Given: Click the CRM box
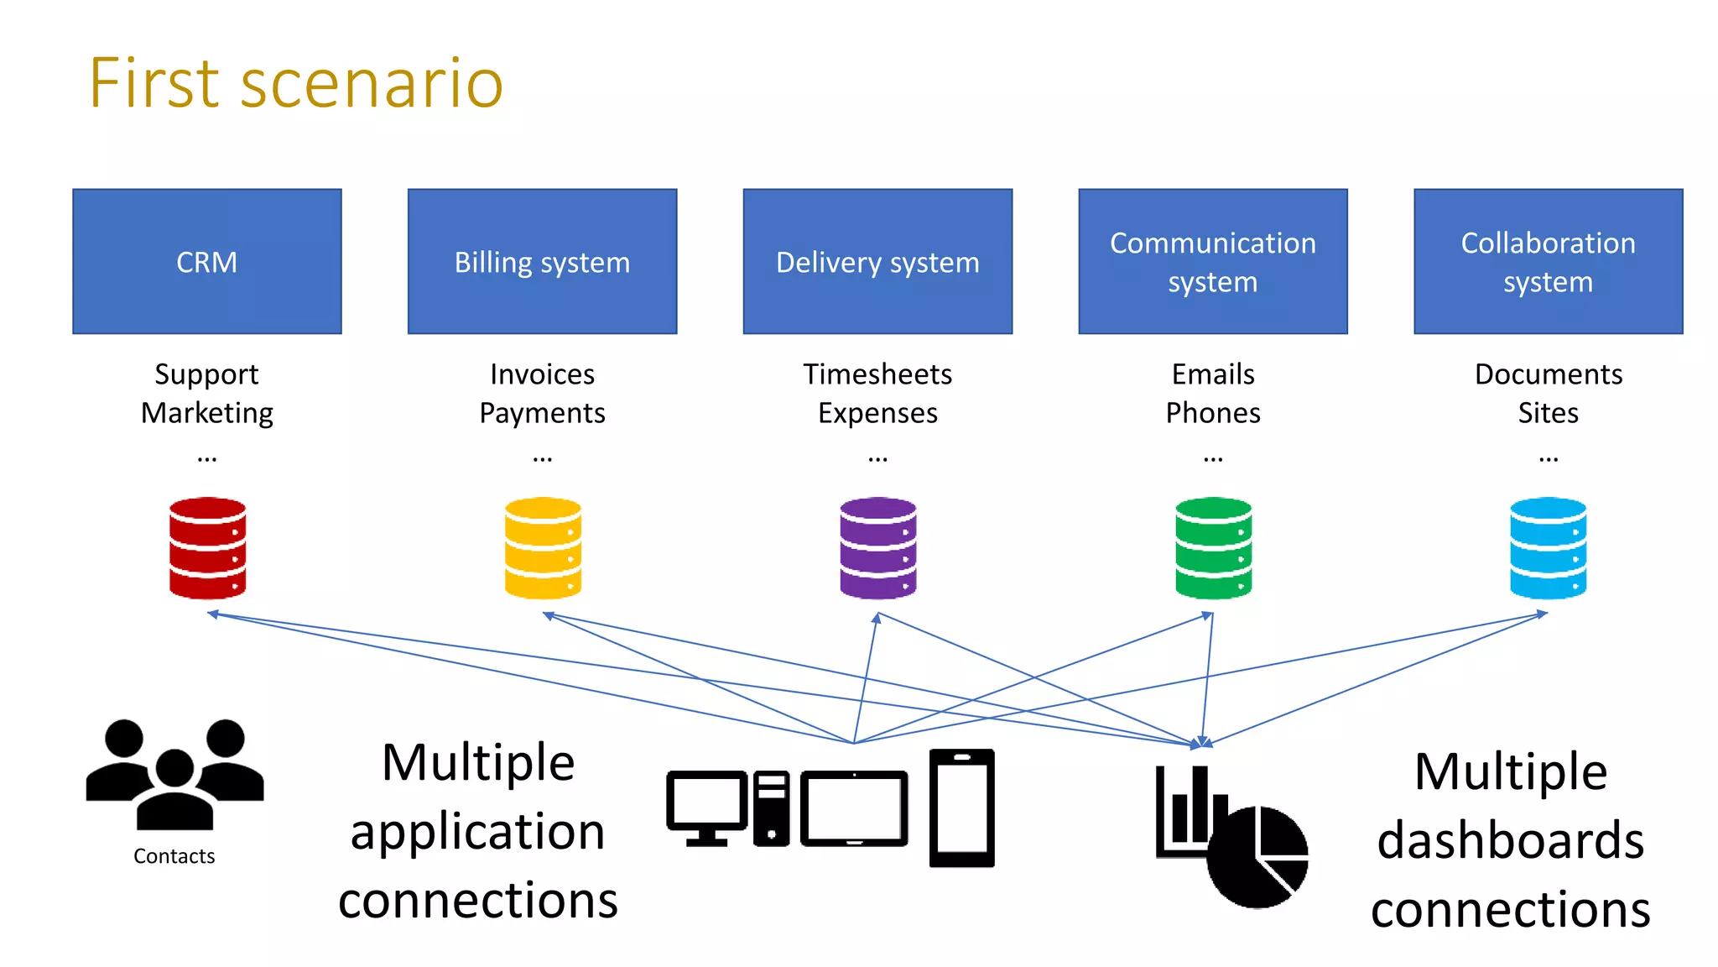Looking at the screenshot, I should pyautogui.click(x=206, y=261).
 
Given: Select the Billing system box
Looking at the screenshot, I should pyautogui.click(x=542, y=261).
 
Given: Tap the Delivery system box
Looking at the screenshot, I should pyautogui.click(x=877, y=261).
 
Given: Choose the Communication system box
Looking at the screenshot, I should pyautogui.click(x=1212, y=261).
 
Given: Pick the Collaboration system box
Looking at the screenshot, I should pyautogui.click(x=1548, y=261).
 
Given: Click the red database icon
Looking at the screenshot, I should pyautogui.click(x=207, y=547).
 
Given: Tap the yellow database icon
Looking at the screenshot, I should pyautogui.click(x=543, y=547).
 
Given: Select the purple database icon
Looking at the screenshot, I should pyautogui.click(x=877, y=547).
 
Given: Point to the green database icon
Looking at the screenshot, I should pyautogui.click(x=1213, y=547).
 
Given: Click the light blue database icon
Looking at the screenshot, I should pyautogui.click(x=1548, y=547).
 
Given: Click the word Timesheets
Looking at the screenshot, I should pyautogui.click(x=877, y=374).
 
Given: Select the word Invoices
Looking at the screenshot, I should pyautogui.click(x=542, y=374).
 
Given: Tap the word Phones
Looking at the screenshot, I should pyautogui.click(x=1212, y=412).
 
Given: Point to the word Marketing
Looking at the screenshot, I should pyautogui.click(x=206, y=412).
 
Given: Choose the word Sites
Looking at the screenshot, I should pyautogui.click(x=1548, y=412).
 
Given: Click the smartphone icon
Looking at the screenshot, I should pyautogui.click(x=961, y=808).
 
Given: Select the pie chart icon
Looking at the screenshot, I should pyautogui.click(x=1257, y=856).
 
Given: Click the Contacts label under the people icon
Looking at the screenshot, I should pyautogui.click(x=174, y=856).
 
